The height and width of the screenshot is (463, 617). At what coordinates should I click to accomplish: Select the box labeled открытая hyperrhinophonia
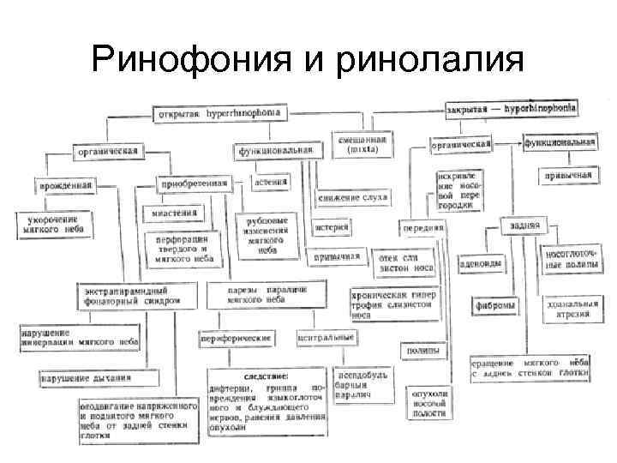(x=221, y=113)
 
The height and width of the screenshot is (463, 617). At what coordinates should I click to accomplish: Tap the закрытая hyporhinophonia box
(x=512, y=111)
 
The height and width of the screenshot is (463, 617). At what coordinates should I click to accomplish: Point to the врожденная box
(x=65, y=184)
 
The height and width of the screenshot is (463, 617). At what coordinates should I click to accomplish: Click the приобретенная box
(x=194, y=183)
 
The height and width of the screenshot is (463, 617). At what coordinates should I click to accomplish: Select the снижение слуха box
(x=353, y=197)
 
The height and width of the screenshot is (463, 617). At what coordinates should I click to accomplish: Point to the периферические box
(x=235, y=339)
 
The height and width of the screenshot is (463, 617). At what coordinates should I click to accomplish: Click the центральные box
(x=326, y=338)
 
